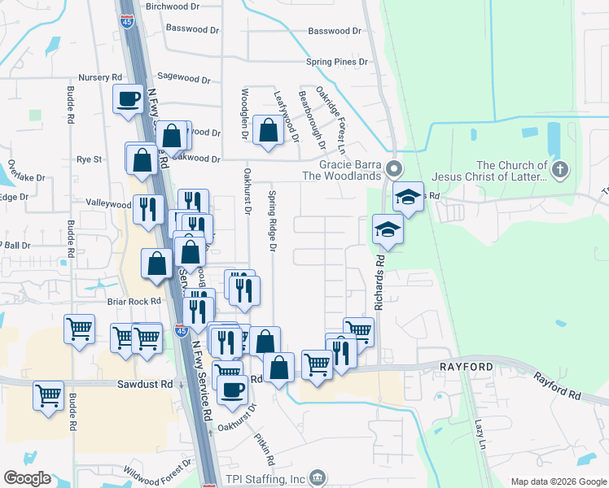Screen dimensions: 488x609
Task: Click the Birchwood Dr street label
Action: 172,7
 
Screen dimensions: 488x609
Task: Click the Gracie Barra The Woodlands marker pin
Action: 395,169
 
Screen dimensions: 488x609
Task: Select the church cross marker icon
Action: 559,170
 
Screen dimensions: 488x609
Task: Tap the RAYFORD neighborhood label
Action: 467,368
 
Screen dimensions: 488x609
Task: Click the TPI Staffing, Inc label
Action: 264,478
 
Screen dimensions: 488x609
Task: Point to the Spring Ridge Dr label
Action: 273,220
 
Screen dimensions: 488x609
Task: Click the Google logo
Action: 27,478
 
